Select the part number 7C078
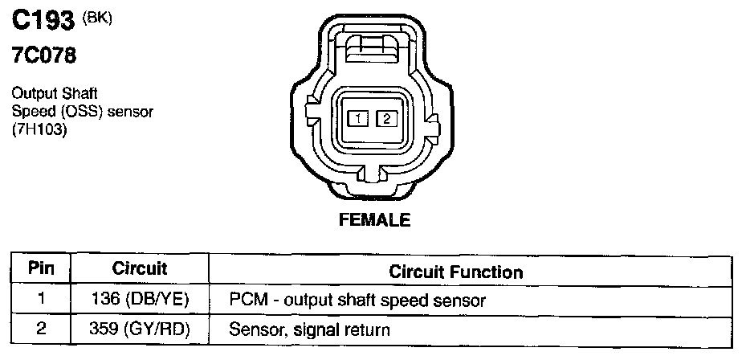(44, 57)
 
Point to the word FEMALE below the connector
(374, 219)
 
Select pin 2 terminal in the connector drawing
(387, 119)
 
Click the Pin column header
(41, 269)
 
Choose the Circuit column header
(140, 269)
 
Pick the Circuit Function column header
(455, 272)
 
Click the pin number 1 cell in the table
(41, 300)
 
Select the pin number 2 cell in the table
(41, 329)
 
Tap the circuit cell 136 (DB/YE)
(140, 300)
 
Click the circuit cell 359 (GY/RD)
(140, 329)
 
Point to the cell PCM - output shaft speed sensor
(357, 301)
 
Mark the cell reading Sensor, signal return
(309, 329)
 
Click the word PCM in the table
(245, 301)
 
